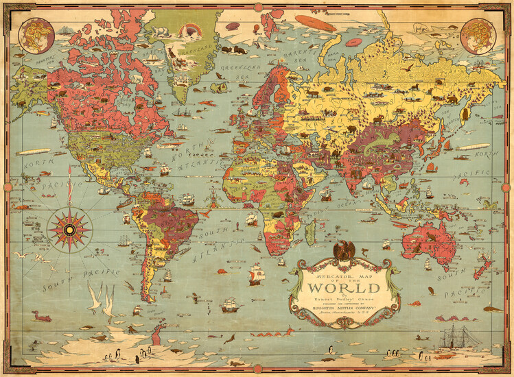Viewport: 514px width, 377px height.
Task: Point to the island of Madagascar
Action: pos(311,231)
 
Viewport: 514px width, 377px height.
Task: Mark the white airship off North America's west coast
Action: pos(33,151)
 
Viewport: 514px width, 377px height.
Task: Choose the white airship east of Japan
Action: pos(474,147)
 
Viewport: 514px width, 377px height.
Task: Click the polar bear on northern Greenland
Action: pos(161,31)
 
